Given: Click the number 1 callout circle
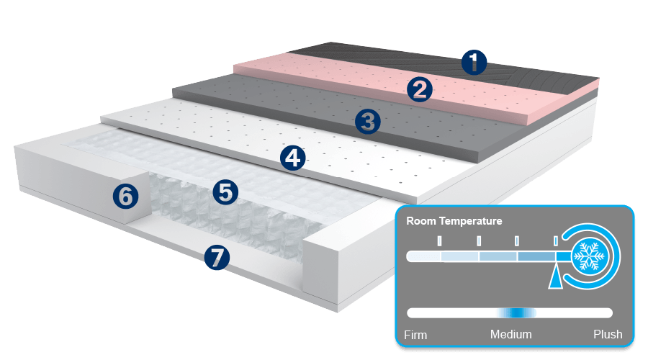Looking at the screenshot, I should (x=473, y=62).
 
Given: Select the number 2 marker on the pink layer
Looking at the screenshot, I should (x=419, y=89).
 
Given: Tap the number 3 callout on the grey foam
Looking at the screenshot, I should (x=368, y=121).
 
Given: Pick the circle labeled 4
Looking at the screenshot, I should (x=292, y=157).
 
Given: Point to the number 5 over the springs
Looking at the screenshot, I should (x=225, y=192).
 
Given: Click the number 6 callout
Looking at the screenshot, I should (x=126, y=196).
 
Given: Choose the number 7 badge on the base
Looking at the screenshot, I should (x=217, y=257).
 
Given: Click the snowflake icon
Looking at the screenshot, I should (x=590, y=256).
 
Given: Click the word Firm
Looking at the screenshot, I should (x=416, y=335).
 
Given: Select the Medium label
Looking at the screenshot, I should (x=511, y=335).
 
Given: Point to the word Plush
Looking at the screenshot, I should (x=608, y=335).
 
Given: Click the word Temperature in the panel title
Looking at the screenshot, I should (x=471, y=221).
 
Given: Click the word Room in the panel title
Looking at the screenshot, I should (x=421, y=221).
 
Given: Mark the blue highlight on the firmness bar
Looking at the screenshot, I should (x=517, y=313).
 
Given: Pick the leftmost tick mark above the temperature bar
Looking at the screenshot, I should (x=438, y=240).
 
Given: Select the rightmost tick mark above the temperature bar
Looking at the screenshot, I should (x=554, y=240).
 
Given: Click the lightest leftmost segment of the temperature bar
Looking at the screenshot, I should (x=424, y=256).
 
